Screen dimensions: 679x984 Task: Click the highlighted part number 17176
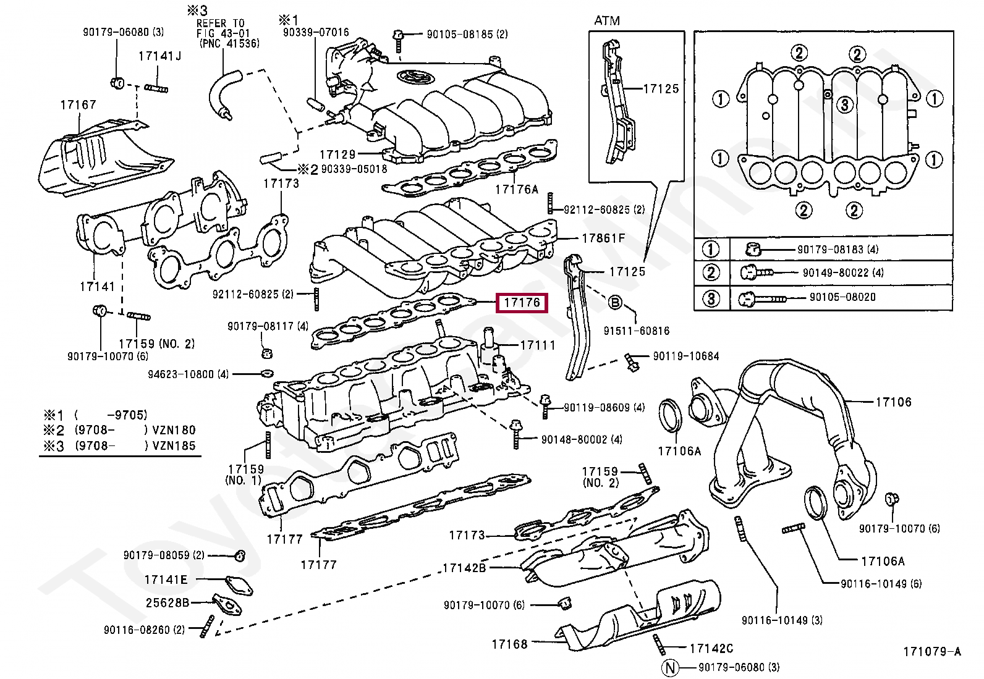pos(522,302)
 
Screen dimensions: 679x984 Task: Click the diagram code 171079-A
pos(932,651)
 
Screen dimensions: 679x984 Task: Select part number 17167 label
pos(78,104)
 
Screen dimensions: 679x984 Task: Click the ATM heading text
pos(606,20)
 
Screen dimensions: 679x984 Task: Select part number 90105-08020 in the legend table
pos(842,297)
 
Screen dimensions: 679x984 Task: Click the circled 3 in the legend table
pos(711,298)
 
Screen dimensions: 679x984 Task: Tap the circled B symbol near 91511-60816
pos(615,302)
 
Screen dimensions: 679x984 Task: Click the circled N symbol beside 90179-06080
pos(670,667)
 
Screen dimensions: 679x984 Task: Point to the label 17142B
pos(464,568)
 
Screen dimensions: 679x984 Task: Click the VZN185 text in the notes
pos(174,445)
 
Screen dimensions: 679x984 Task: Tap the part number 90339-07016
pos(316,32)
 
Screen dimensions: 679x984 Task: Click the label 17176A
pos(517,189)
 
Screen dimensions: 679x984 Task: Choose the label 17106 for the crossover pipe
pos(893,402)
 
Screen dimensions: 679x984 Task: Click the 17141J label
pos(159,56)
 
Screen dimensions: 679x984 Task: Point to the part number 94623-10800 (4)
pos(189,374)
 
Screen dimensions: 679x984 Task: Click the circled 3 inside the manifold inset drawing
pos(844,104)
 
